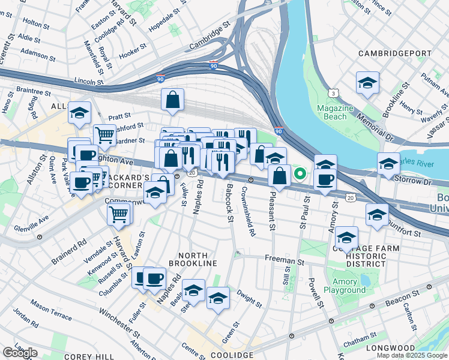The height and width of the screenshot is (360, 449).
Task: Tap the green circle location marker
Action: point(300,175)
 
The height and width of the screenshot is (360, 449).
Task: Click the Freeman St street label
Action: point(286,261)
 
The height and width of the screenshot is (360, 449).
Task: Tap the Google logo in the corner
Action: point(20,353)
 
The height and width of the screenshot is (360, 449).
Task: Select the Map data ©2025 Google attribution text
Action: point(412,355)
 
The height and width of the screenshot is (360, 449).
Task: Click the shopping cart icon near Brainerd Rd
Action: point(119,214)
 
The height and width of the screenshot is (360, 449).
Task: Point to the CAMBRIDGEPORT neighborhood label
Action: point(394,54)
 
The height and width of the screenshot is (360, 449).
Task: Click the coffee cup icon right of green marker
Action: point(325,181)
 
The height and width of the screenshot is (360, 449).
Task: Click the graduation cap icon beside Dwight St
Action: point(218,298)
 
